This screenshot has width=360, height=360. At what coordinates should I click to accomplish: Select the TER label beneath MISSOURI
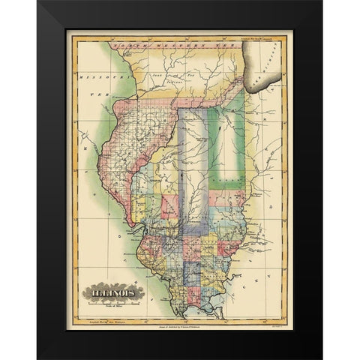(96, 95)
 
